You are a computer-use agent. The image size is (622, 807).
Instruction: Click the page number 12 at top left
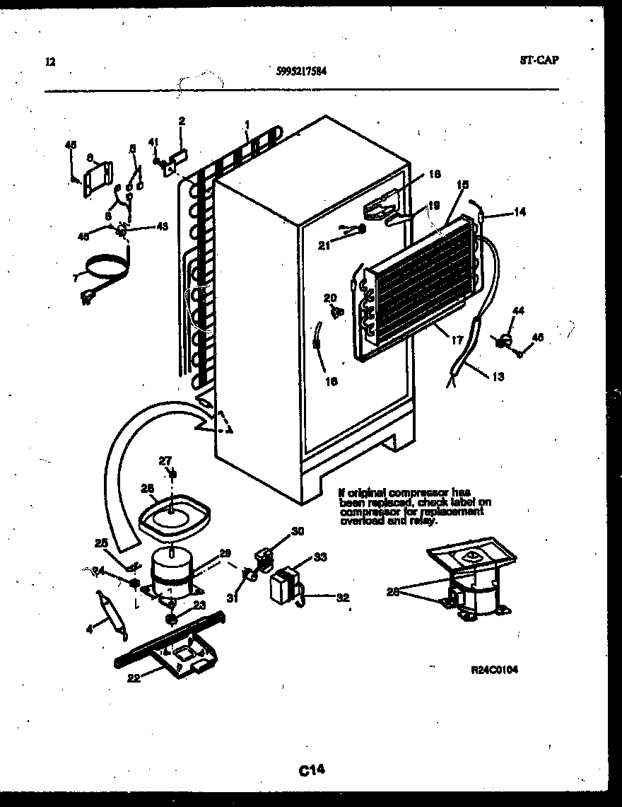click(x=49, y=62)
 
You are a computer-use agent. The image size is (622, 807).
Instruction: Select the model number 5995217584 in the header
click(x=301, y=70)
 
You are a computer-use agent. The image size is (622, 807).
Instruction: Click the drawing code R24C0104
click(x=495, y=670)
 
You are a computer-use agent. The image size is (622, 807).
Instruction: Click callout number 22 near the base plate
click(x=133, y=678)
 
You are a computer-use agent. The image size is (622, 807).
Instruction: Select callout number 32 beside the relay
click(x=343, y=598)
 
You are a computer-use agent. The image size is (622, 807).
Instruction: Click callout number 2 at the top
click(x=181, y=121)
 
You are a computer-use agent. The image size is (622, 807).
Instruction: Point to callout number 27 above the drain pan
click(x=165, y=460)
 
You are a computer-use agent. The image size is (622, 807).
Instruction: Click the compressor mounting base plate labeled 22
click(x=173, y=645)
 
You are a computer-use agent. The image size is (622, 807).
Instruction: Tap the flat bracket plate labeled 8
click(x=98, y=178)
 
